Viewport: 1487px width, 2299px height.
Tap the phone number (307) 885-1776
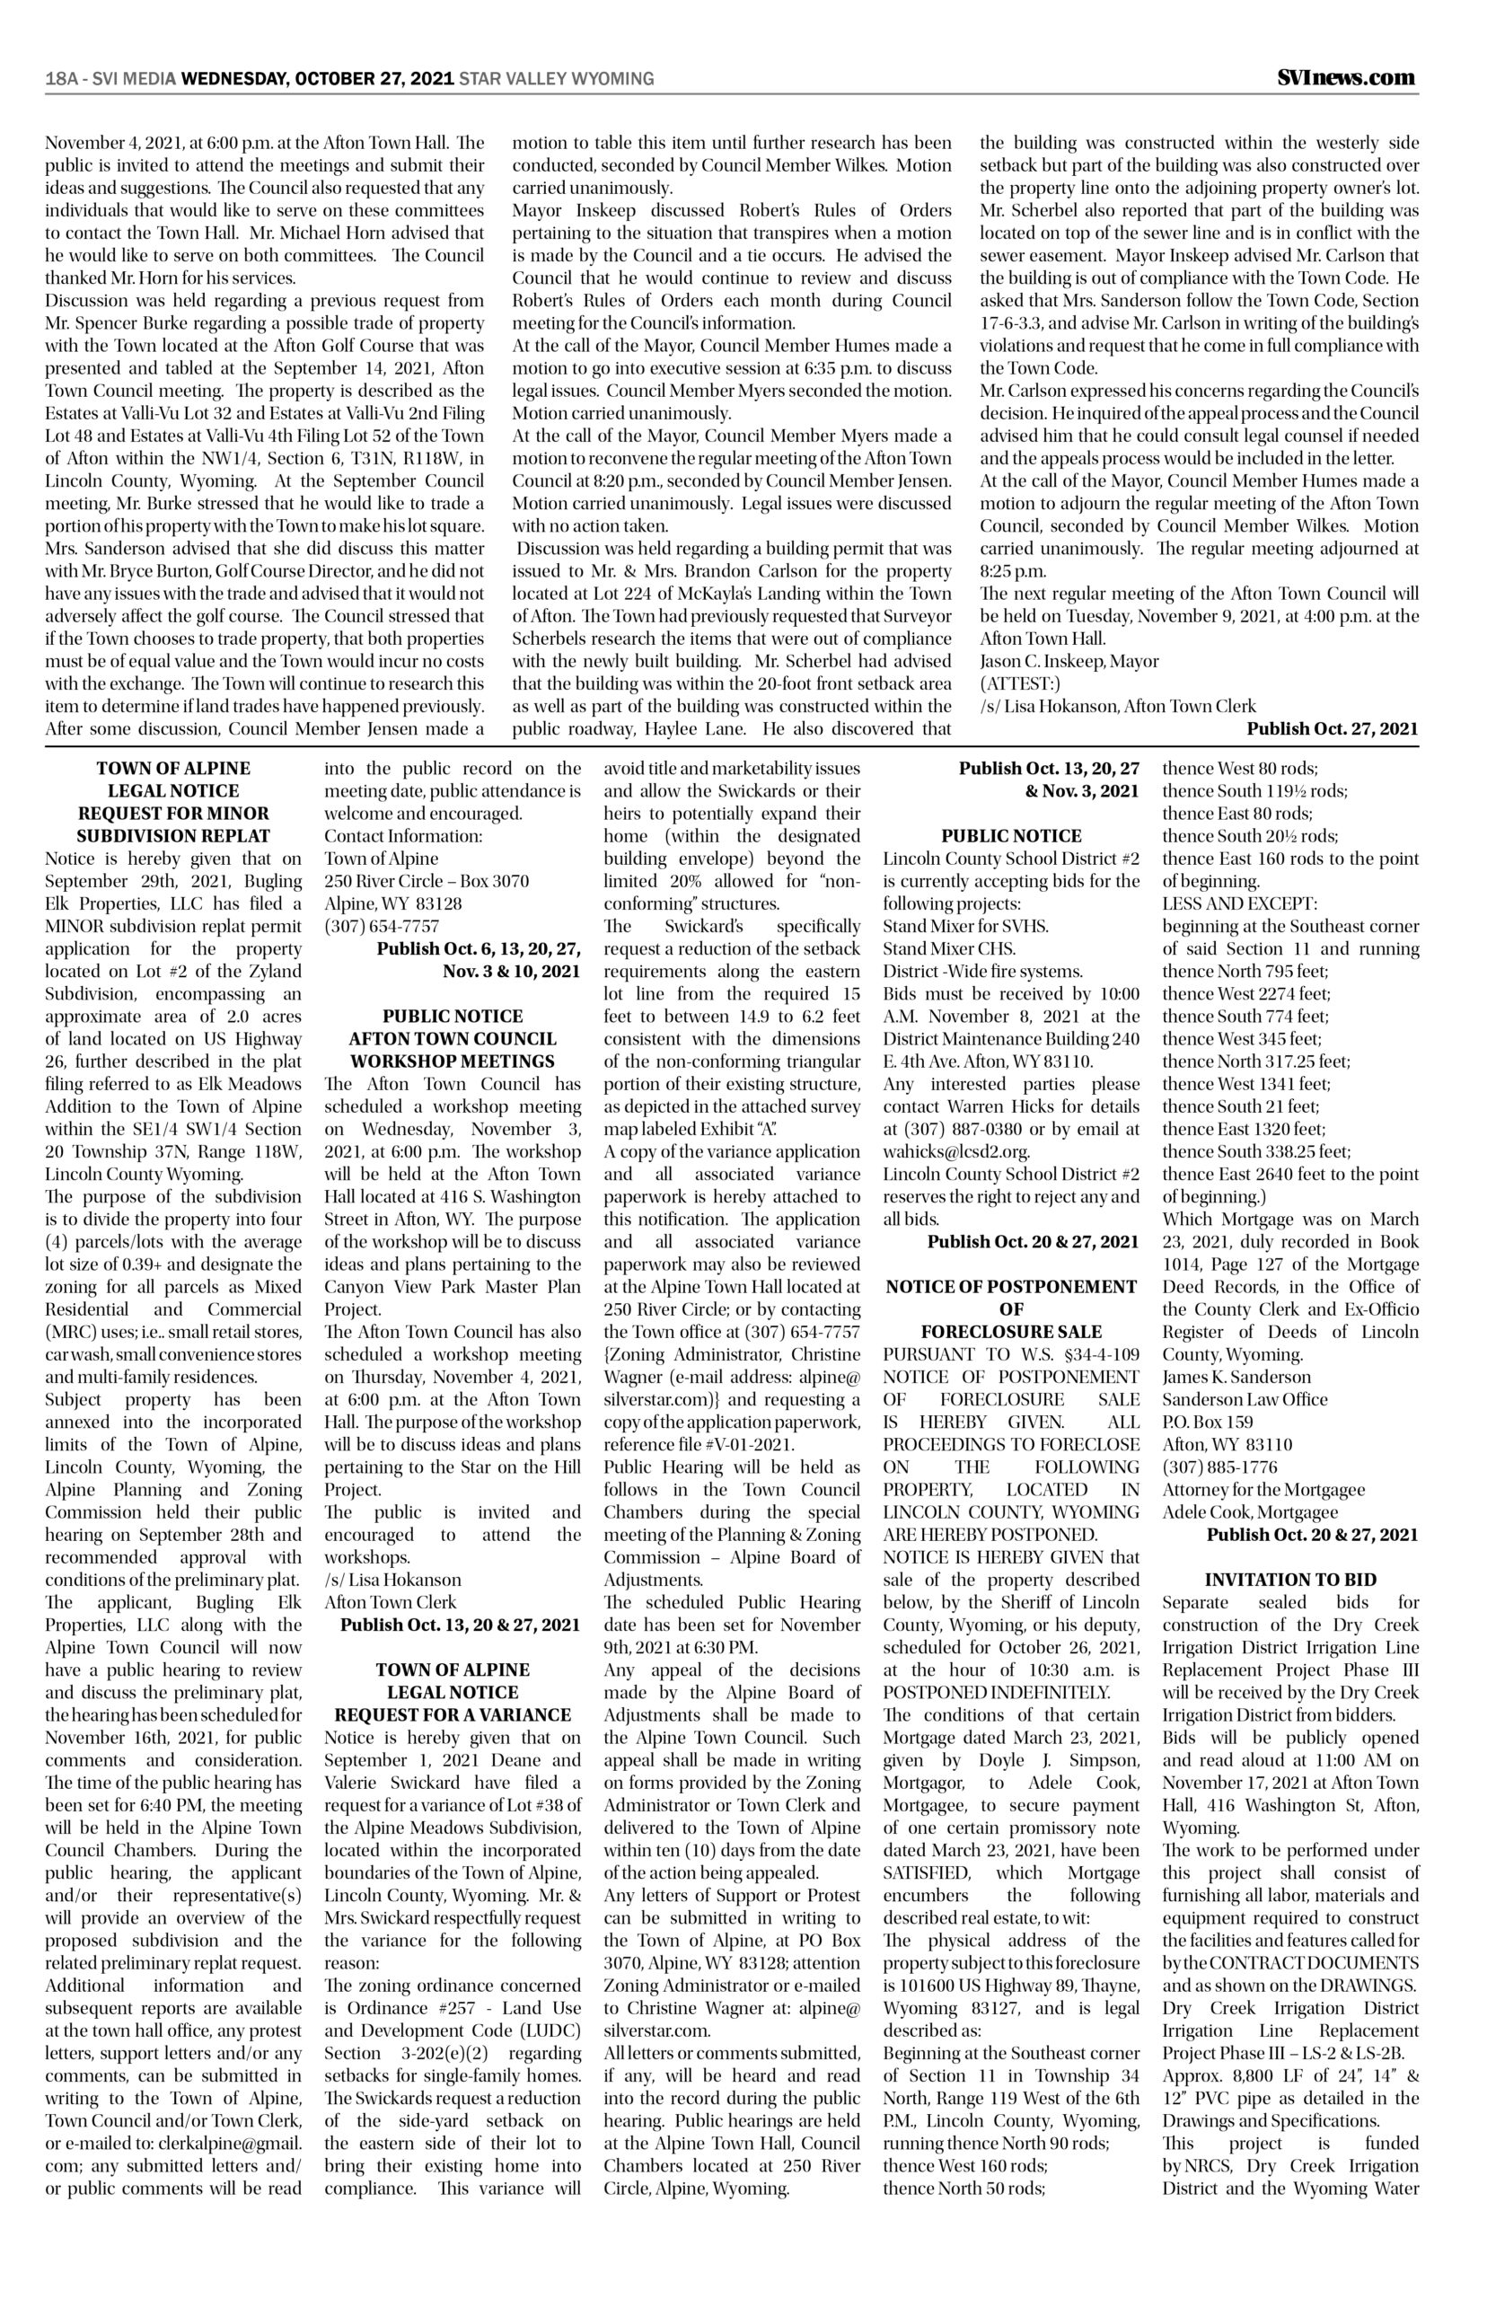1216,1467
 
